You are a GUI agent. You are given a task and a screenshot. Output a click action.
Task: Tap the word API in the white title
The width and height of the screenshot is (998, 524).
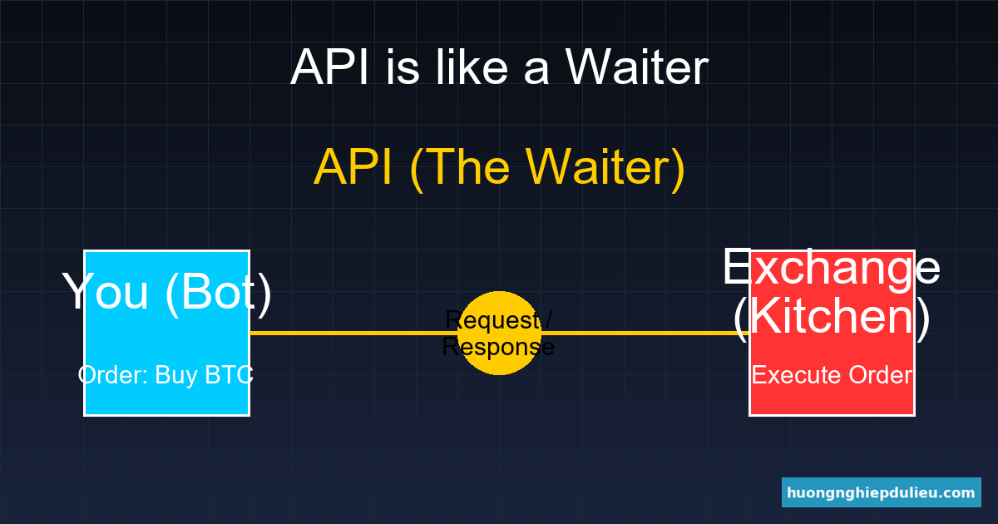coord(331,67)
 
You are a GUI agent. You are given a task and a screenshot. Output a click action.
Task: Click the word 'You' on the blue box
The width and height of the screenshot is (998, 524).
coord(106,292)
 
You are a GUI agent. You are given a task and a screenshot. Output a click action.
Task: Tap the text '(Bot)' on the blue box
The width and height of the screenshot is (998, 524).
coord(219,292)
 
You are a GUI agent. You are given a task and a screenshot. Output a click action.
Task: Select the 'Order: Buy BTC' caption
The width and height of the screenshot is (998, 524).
coord(166,375)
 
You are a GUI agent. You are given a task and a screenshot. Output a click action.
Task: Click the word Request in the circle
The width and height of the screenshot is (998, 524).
coord(496,319)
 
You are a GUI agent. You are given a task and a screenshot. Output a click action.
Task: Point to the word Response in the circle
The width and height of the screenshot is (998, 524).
coord(498,347)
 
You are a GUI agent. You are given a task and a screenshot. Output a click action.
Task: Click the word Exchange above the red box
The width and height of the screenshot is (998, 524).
coord(831,267)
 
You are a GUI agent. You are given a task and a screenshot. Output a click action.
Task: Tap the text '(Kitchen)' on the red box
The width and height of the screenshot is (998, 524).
coord(831,316)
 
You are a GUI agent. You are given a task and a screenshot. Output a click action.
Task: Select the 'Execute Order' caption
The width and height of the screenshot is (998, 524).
coord(832,375)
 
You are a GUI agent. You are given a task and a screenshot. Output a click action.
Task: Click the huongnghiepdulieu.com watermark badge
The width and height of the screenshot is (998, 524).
coord(881,492)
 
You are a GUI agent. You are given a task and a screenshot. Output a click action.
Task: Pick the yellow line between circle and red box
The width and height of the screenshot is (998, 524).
coord(640,333)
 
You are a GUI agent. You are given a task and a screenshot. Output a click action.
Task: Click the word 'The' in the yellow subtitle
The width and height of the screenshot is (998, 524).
coord(468,167)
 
